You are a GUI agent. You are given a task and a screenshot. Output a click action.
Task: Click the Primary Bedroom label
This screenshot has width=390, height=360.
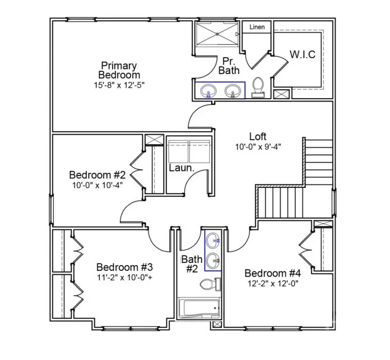pos(119,70)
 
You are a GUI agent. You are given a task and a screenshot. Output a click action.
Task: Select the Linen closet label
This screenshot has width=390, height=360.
pos(257,27)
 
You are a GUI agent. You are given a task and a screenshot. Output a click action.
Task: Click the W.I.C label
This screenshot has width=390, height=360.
pos(302,54)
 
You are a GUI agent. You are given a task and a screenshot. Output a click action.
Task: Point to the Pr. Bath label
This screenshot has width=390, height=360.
pos(228,65)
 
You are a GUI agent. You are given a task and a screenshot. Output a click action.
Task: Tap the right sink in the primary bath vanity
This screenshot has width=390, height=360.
pos(234,91)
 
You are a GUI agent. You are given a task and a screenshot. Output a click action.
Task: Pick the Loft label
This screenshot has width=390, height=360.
pos(258,136)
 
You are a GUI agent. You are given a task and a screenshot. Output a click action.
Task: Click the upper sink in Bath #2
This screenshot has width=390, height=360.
pos(213,241)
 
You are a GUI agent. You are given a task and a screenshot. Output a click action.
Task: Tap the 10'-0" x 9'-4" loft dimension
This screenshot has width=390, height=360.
pos(258,147)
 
